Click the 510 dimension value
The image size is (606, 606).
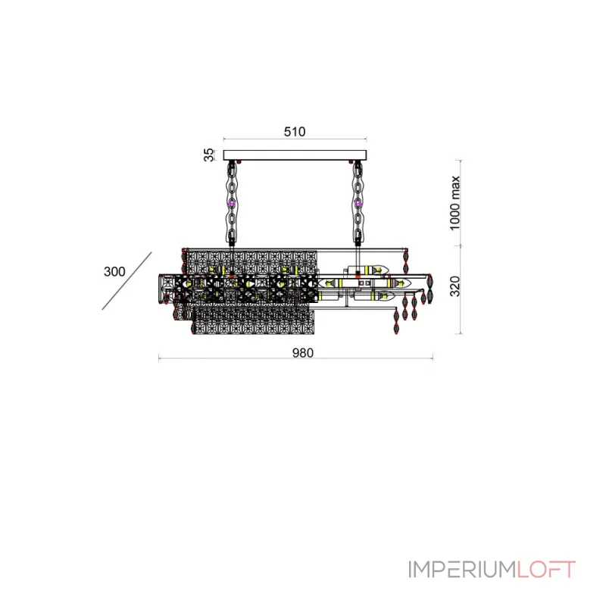click(x=295, y=131)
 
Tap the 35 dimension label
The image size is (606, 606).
click(x=208, y=155)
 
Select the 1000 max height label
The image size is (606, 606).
click(x=455, y=203)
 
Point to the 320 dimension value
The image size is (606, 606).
click(x=455, y=286)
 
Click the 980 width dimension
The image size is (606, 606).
click(x=302, y=353)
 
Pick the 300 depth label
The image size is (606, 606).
click(x=114, y=271)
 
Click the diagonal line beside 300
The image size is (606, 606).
click(x=127, y=281)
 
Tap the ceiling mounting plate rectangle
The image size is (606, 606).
click(x=295, y=155)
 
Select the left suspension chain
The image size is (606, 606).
click(x=232, y=204)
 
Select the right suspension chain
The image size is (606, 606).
click(x=358, y=204)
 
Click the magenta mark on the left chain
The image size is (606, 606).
click(x=232, y=203)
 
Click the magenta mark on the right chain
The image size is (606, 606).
click(x=358, y=203)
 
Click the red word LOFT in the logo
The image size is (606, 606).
click(x=546, y=570)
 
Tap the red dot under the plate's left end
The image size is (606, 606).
click(x=239, y=161)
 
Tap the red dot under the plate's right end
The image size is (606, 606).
click(x=351, y=161)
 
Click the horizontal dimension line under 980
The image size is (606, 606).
click(x=295, y=358)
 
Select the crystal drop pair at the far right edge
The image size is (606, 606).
click(x=430, y=289)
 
